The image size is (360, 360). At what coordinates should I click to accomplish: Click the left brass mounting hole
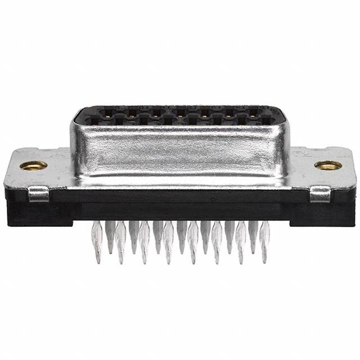coord(34,165)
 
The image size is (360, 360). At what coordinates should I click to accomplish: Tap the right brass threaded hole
coord(327,165)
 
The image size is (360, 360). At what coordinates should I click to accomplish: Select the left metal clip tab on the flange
coord(39,194)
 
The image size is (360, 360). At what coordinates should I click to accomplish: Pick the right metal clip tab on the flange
coord(320,194)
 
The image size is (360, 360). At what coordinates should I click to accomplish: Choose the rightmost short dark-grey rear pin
coord(254,233)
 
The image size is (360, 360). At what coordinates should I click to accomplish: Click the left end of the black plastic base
coord(17,211)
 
